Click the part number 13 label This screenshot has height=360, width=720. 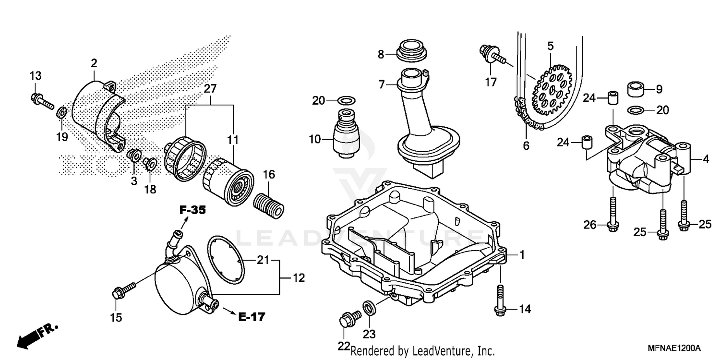point(36,76)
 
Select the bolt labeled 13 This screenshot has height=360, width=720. point(42,101)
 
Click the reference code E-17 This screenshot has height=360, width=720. point(252,316)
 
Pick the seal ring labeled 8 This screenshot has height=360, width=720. point(410,49)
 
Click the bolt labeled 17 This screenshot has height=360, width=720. point(491,53)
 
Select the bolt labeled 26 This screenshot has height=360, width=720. point(613,215)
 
